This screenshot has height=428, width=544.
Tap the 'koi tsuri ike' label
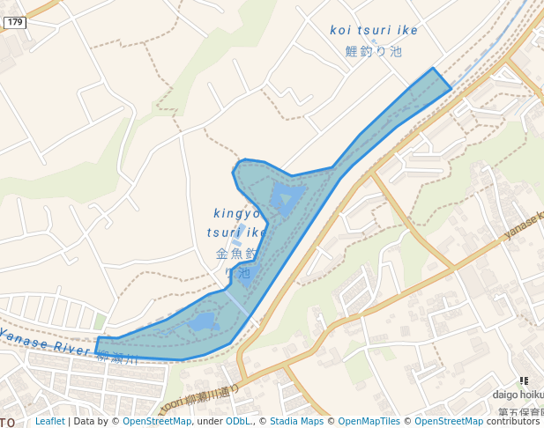tap(374, 30)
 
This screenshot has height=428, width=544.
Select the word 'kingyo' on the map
tap(237, 213)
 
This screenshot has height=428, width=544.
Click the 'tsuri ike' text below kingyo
tap(236, 232)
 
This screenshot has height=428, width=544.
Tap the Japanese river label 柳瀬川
tap(117, 358)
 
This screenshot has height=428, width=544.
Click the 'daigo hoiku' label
tap(518, 395)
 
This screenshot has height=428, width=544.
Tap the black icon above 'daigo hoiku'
tap(525, 380)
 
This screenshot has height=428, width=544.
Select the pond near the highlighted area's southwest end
tap(203, 322)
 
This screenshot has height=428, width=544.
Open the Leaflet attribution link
tap(49, 422)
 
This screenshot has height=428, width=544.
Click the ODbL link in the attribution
tap(238, 422)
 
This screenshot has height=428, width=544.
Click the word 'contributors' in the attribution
tap(513, 422)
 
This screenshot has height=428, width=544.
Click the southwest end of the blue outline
tap(98, 345)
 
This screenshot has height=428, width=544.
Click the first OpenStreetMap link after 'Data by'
tap(156, 422)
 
